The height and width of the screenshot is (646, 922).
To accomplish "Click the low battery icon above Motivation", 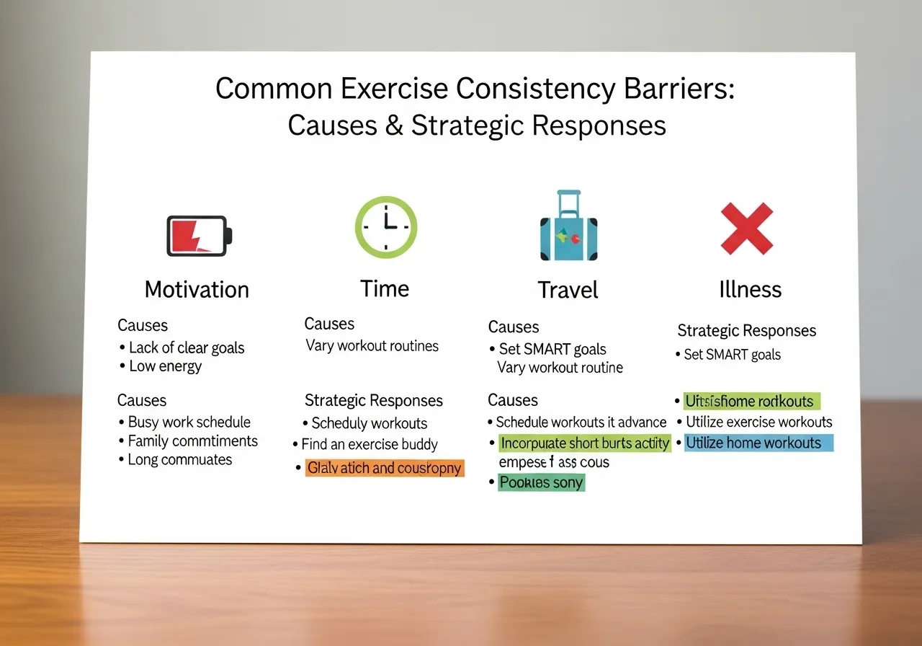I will (x=200, y=236).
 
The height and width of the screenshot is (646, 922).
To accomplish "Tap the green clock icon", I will (x=386, y=227).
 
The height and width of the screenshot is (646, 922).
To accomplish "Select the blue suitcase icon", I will (x=568, y=228).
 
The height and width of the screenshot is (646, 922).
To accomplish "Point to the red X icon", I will (x=747, y=229).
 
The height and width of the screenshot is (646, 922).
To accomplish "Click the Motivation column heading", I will (x=197, y=290).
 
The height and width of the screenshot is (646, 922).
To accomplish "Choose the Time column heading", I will (x=385, y=289).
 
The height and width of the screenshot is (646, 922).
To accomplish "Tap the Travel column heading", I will (x=568, y=291).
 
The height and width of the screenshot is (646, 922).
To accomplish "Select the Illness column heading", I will (x=750, y=290).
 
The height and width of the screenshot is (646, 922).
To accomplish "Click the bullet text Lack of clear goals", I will (x=187, y=348).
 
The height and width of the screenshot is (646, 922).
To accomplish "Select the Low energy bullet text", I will (x=165, y=366).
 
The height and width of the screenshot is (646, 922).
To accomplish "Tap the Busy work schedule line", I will (x=189, y=422).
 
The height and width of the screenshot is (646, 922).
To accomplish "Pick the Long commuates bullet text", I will (x=180, y=460).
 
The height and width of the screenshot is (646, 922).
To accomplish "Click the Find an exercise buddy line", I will (x=370, y=444).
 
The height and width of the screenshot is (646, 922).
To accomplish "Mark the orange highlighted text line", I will (x=384, y=468).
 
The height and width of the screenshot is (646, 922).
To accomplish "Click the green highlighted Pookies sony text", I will (x=541, y=482).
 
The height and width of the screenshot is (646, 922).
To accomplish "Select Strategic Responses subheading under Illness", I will (x=746, y=331).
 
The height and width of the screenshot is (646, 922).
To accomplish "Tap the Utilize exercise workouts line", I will (x=758, y=422).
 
